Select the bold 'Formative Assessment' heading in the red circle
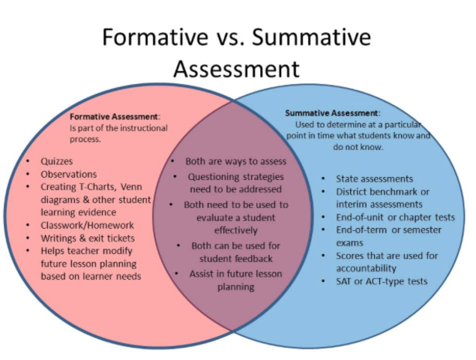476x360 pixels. [x=114, y=117]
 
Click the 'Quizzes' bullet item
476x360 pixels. [x=58, y=161]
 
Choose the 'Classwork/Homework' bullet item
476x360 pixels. [x=87, y=224]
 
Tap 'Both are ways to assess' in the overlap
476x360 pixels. [x=236, y=161]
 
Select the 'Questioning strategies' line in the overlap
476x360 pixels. [x=235, y=177]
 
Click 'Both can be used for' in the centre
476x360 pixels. [x=236, y=245]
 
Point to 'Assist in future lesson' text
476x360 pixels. [x=235, y=274]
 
